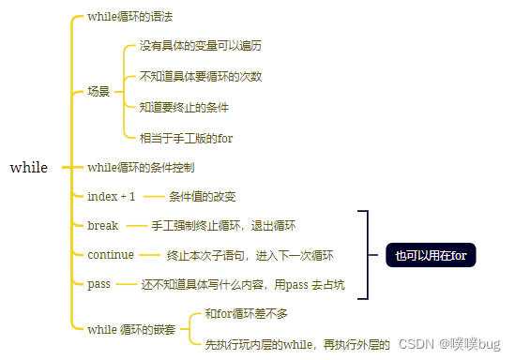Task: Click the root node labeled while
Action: point(28,168)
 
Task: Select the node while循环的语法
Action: point(129,17)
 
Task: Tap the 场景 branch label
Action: point(98,92)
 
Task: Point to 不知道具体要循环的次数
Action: point(200,76)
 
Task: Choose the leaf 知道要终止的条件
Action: point(184,107)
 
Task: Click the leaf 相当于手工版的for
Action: point(186,138)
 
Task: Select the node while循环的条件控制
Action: point(141,168)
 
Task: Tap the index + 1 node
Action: point(111,197)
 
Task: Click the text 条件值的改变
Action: point(202,197)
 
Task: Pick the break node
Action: point(102,226)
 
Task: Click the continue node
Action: point(110,255)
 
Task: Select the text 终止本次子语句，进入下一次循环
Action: point(250,255)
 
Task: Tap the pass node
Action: point(98,284)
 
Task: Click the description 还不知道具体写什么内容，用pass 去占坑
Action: point(243,284)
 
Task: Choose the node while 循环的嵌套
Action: point(130,329)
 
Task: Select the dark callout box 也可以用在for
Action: point(431,255)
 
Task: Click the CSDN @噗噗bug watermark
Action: point(450,344)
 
